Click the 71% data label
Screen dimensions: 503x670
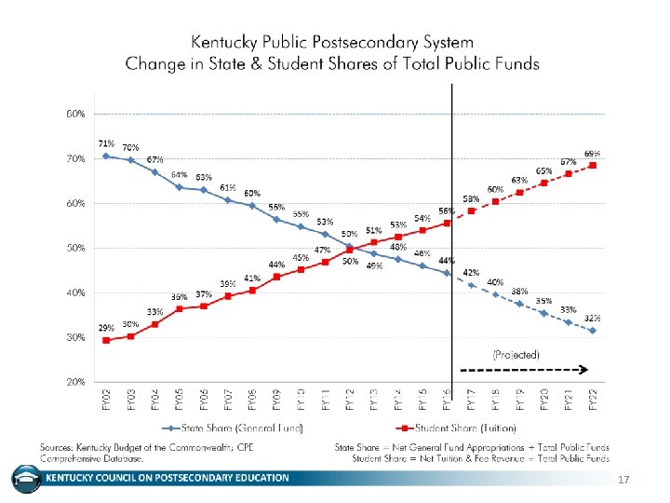click(107, 143)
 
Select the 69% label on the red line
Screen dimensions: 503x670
click(592, 154)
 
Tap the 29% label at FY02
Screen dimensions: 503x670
click(107, 329)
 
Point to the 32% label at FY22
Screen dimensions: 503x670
click(592, 318)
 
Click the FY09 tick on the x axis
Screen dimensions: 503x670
click(276, 399)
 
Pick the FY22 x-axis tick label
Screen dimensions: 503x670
click(592, 399)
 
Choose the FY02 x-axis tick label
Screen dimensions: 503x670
click(106, 399)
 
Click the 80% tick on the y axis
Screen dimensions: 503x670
click(74, 114)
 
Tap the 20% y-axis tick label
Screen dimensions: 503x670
click(74, 382)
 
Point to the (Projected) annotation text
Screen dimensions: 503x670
click(516, 355)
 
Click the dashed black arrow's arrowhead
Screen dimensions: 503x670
click(587, 369)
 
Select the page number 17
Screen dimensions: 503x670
click(625, 480)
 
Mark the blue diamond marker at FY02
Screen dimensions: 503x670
click(106, 156)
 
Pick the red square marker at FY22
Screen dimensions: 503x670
click(592, 166)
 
